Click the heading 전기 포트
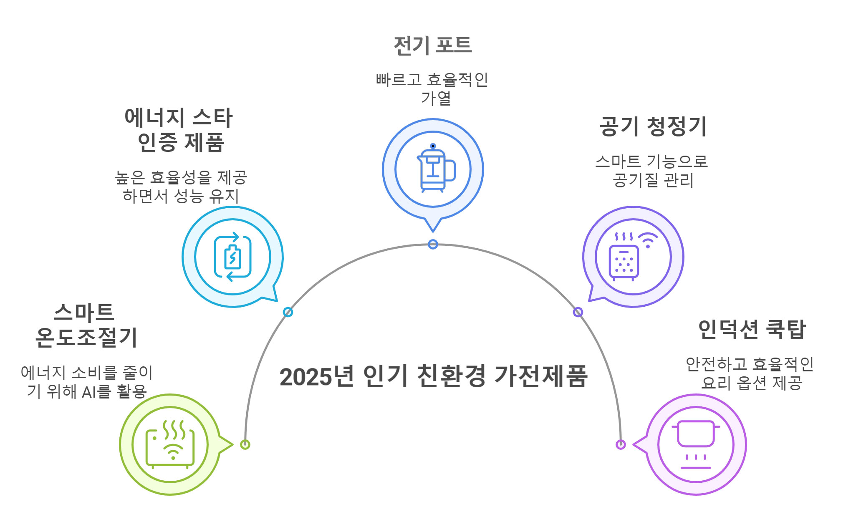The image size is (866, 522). [433, 45]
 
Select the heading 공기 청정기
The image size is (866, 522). [653, 126]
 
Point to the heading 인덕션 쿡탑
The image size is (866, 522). [752, 330]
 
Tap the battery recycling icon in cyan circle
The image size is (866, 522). [232, 257]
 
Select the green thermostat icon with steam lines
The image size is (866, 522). [170, 444]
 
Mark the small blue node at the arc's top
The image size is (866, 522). [433, 244]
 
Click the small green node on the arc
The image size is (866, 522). [245, 444]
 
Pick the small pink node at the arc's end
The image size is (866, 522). [621, 444]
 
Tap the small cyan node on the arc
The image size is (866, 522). [288, 312]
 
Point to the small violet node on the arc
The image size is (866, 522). [578, 312]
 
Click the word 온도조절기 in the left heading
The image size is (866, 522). [86, 338]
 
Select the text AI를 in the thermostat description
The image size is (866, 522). [96, 392]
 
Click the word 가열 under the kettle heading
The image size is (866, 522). [436, 98]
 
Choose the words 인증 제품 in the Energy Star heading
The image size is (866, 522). [181, 143]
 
